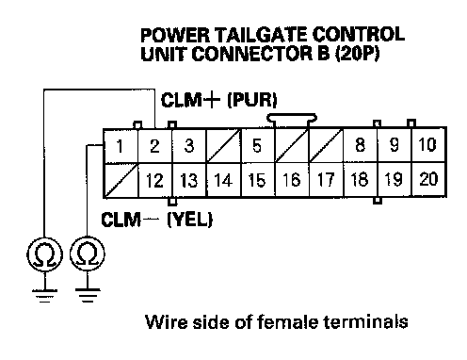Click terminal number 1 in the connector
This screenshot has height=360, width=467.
click(x=121, y=146)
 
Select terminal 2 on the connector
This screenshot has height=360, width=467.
click(x=154, y=146)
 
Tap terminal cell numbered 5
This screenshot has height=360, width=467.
click(x=257, y=146)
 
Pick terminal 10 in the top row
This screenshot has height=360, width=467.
click(x=428, y=145)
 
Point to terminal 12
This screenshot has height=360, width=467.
click(x=154, y=180)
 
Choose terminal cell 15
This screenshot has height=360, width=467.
click(x=257, y=180)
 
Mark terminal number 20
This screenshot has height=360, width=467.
click(x=428, y=179)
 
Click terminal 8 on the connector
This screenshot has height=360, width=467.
click(x=360, y=145)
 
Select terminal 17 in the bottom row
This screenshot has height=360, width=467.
click(x=326, y=180)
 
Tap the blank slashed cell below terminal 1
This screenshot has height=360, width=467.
click(x=121, y=180)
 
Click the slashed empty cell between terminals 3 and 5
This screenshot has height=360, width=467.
click(x=223, y=146)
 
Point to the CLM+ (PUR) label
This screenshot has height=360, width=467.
click(x=219, y=101)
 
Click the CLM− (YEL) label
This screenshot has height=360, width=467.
click(x=157, y=220)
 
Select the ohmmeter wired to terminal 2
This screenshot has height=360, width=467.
click(x=44, y=254)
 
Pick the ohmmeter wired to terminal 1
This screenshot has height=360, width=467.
click(x=88, y=254)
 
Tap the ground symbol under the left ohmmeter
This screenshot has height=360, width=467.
click(x=44, y=296)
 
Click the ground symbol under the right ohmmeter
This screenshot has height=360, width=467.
click(x=88, y=295)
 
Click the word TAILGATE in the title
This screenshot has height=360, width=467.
click(x=261, y=35)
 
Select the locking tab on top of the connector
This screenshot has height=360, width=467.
click(x=292, y=120)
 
